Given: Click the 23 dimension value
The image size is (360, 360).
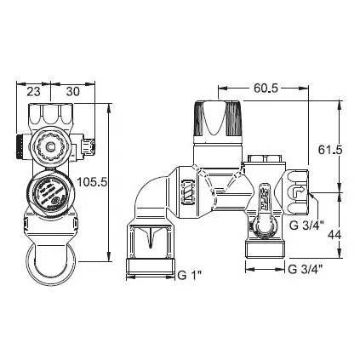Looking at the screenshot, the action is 33,92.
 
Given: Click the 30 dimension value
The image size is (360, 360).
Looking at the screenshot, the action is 73,92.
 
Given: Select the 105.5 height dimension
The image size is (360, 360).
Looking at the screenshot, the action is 92,182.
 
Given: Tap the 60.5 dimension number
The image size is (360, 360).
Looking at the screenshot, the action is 266,89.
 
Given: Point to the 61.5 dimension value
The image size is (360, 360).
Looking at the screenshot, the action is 330,150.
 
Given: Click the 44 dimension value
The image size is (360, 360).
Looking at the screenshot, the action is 334,235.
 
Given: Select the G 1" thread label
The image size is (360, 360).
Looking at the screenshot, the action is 190,275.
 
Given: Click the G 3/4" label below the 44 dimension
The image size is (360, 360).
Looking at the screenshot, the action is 306,269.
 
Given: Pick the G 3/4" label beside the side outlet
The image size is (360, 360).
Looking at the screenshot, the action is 306,226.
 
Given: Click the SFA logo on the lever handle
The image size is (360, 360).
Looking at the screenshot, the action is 263,200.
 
